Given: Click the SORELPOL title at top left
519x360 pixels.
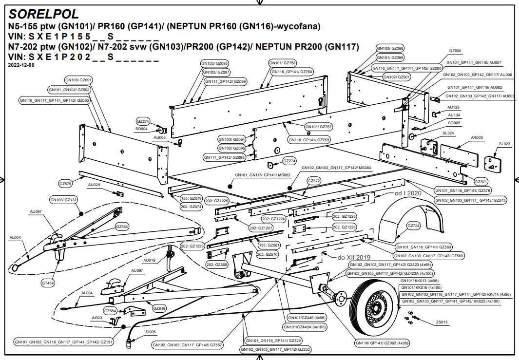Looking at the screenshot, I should point(44,14).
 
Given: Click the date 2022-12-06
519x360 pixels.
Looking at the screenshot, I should point(21,65).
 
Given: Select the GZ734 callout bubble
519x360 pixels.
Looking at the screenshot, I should point(413,226).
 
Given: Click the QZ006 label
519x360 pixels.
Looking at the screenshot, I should point(455,51).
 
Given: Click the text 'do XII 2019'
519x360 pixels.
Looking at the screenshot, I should point(353,257).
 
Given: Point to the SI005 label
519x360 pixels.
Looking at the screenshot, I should point(151,332).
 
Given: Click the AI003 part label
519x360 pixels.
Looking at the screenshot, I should point(96,317).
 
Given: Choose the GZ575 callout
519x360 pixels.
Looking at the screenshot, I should point(65,184).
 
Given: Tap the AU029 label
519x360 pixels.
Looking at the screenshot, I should point(94,185).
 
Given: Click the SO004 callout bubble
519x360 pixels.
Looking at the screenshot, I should point(141,129).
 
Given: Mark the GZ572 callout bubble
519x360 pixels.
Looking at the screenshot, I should point(314,181).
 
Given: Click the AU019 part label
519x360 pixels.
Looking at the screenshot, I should point(150,260).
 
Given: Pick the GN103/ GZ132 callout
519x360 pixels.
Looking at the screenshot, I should point(64,200).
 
